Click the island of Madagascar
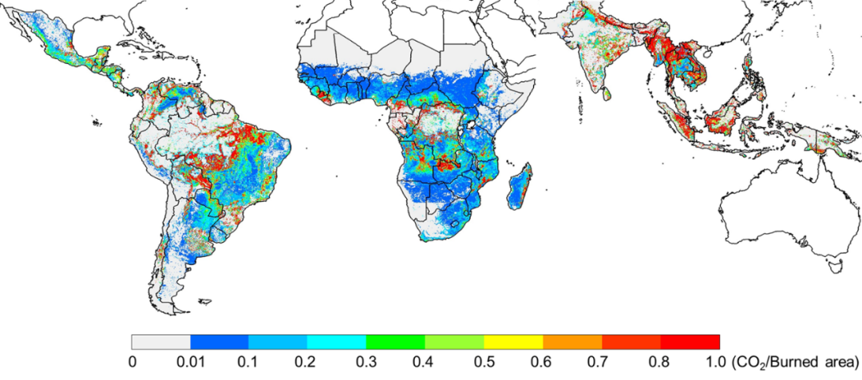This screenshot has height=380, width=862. coord(520,185)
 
